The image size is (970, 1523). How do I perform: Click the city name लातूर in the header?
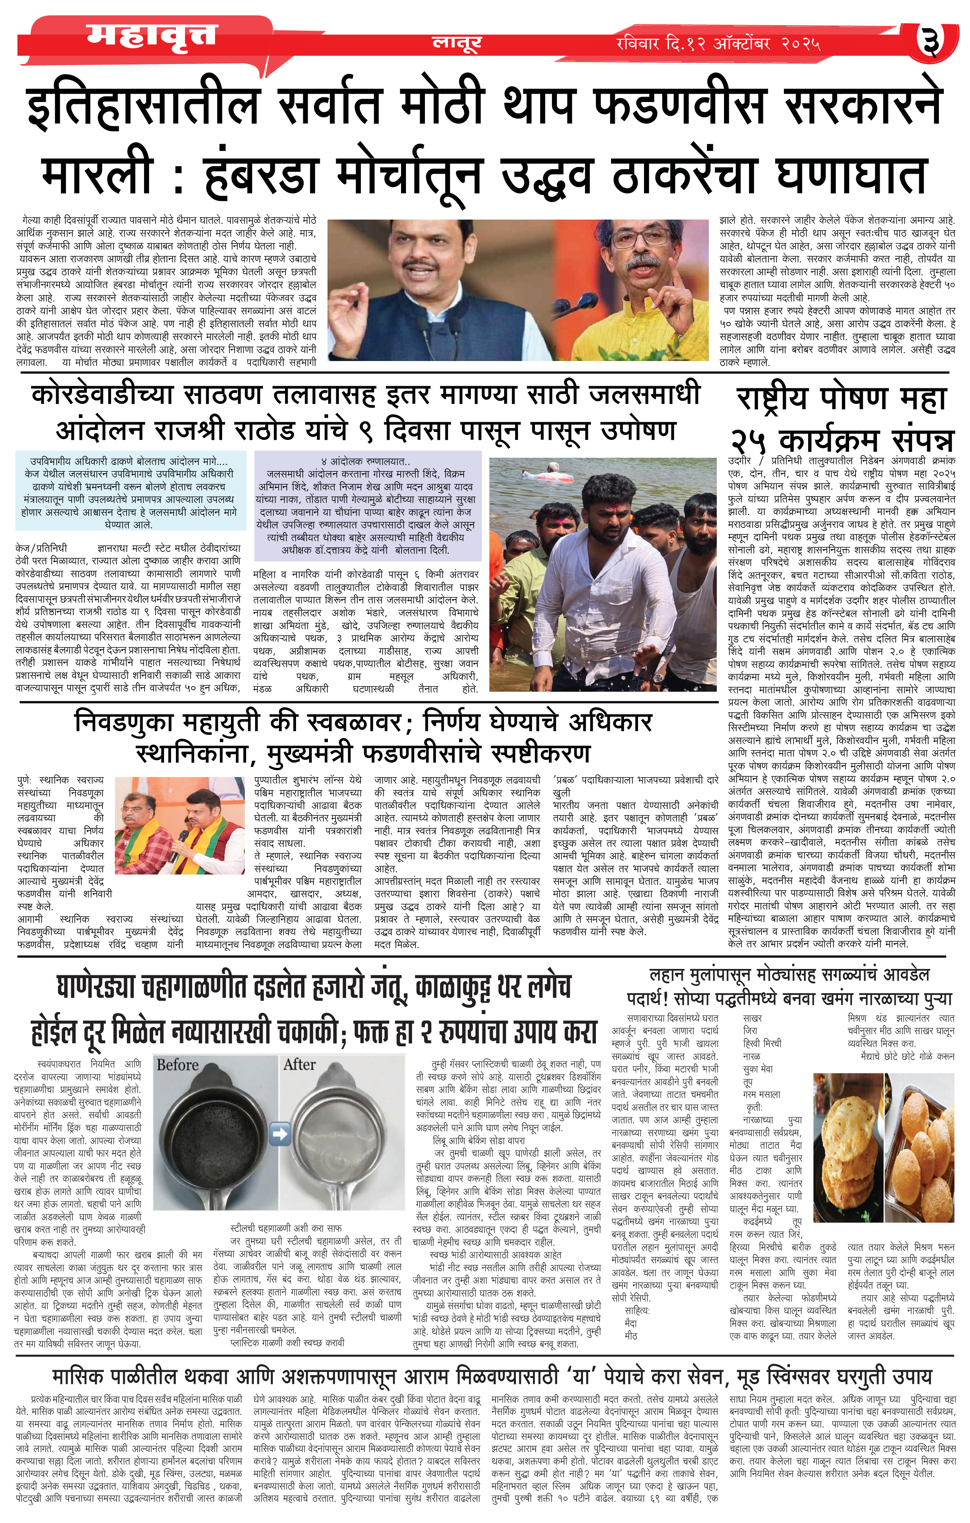pos(456,43)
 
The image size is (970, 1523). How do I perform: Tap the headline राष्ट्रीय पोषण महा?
pos(841,400)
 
